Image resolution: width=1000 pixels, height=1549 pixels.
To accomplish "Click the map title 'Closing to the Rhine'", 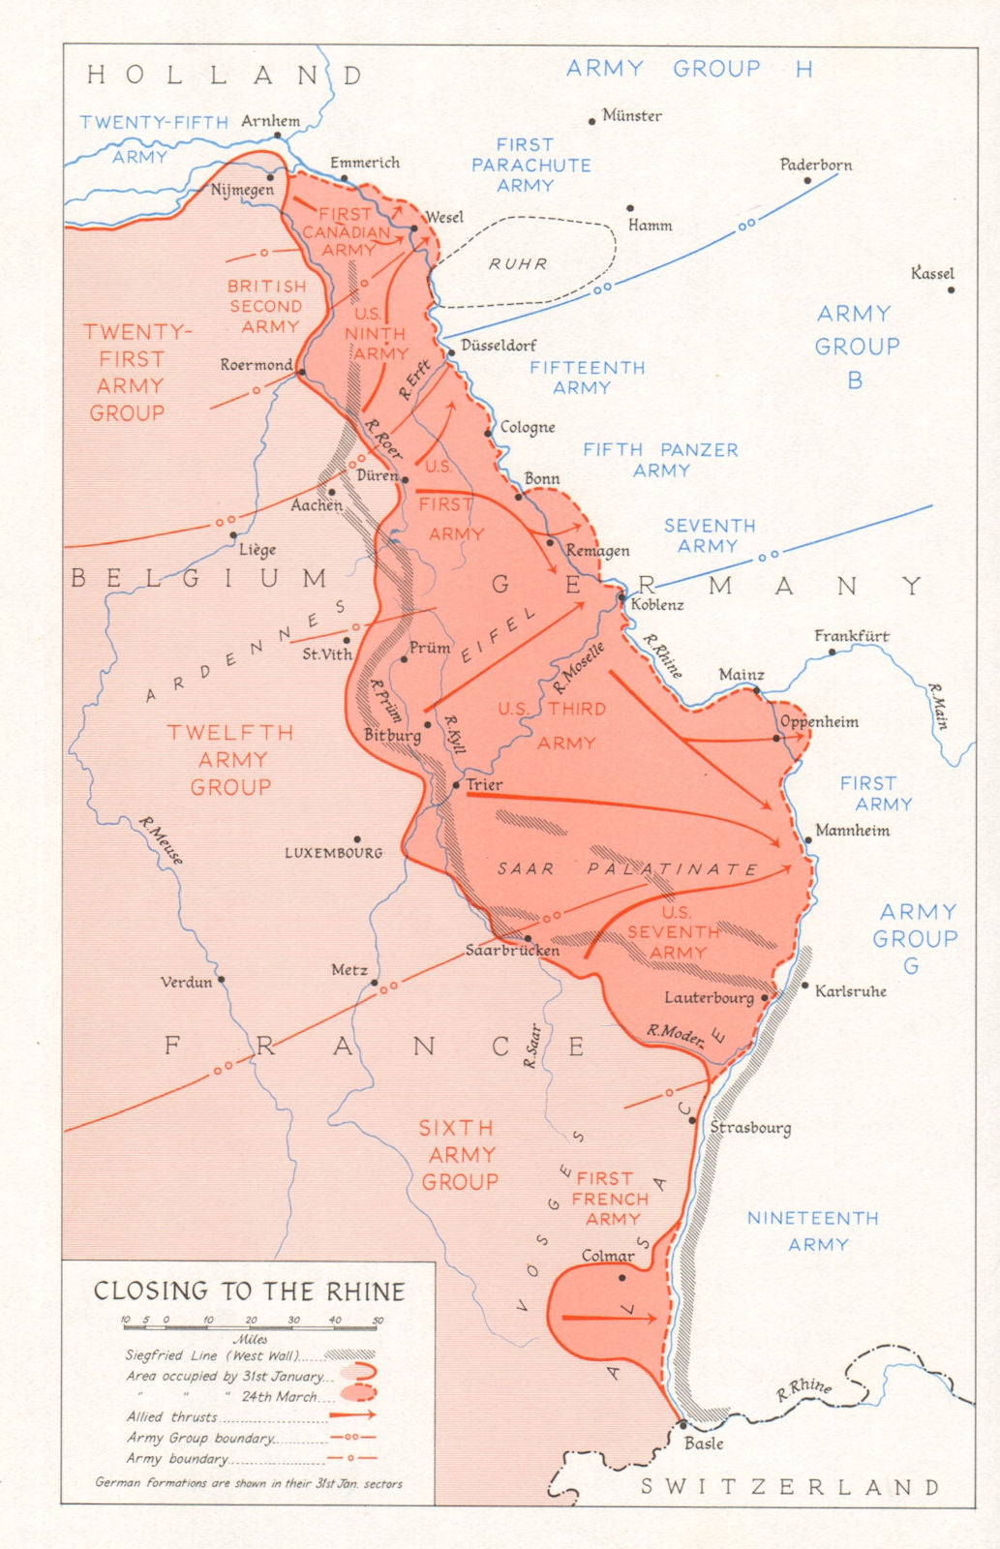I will pos(249,1291).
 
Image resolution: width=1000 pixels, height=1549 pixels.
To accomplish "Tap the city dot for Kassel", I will pos(951,289).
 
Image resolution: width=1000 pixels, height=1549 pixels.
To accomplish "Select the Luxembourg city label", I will pos(333,853).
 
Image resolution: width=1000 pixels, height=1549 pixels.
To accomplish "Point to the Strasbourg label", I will pos(750,1127).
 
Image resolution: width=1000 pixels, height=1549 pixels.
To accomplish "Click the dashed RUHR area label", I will pos(518,263).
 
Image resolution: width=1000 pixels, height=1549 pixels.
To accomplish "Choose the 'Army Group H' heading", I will pos(688,69).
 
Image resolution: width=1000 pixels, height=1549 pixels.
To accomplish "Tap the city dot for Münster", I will pos(591,122).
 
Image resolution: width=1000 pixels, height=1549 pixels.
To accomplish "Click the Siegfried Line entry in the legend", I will pos(213,1355).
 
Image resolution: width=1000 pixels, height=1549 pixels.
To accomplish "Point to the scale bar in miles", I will pos(252,1326).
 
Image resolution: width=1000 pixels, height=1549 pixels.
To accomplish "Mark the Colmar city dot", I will pos(622,1277).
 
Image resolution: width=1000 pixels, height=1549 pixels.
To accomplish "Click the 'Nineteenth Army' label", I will pos(813,1230).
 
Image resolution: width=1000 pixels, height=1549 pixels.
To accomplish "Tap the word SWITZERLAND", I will pos(790,1487).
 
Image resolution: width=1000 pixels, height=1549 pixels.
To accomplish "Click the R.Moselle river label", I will pos(578,668).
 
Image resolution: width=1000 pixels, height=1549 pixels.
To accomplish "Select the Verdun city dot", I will pos(222,980).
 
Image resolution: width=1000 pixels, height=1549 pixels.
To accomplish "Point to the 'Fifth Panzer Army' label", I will pos(660,460).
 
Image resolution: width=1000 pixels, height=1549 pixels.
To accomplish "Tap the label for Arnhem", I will pos(270,121).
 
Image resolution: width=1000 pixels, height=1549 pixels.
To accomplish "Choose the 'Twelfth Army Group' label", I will pos(230,760).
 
